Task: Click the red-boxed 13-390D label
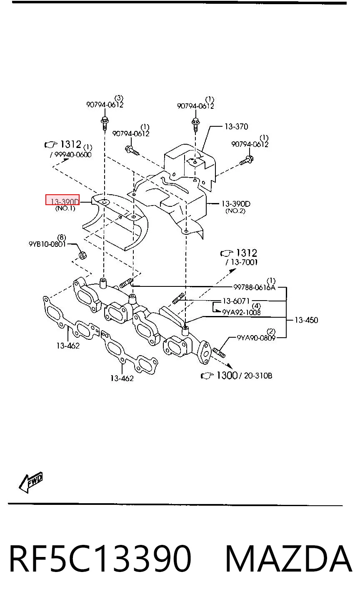(x=65, y=201)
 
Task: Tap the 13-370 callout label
(x=236, y=127)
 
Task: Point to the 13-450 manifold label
(x=306, y=320)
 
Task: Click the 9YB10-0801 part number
(x=47, y=244)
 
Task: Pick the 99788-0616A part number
(x=254, y=287)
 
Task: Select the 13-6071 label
(x=236, y=301)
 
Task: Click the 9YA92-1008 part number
(x=241, y=312)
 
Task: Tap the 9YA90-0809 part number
(x=256, y=338)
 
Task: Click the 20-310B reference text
(x=258, y=376)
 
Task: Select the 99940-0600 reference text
(x=73, y=155)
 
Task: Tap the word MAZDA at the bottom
(x=288, y=559)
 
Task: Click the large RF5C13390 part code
(x=100, y=559)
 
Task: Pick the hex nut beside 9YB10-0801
(x=82, y=255)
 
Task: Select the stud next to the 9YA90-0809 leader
(x=219, y=353)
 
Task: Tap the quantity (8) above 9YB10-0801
(x=62, y=238)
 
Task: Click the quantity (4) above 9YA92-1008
(x=256, y=306)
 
